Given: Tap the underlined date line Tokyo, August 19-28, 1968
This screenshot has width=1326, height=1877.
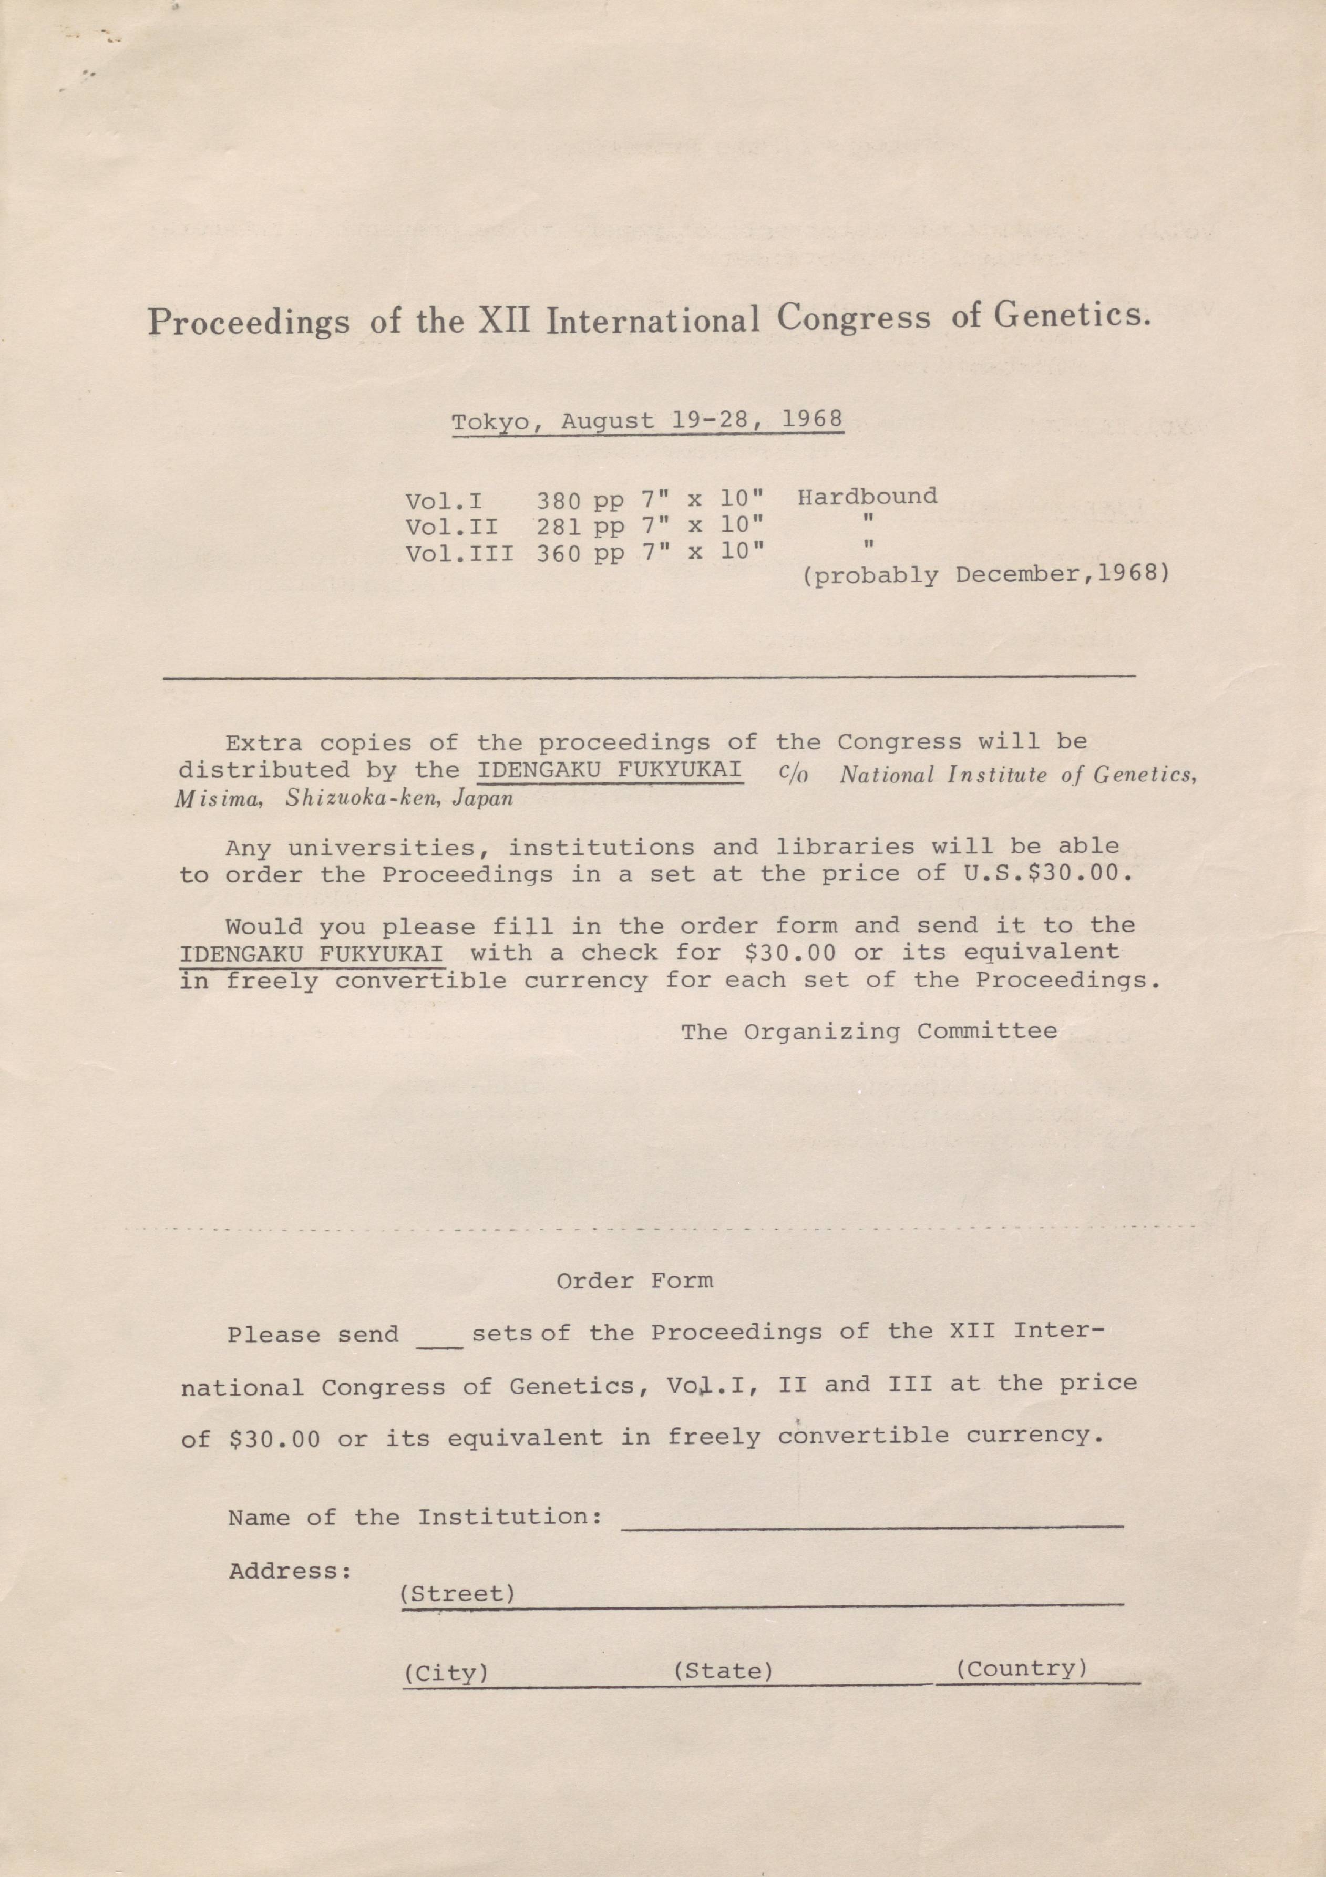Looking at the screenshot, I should pyautogui.click(x=646, y=420).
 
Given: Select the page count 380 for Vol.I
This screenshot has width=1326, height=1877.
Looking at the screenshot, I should pyautogui.click(x=560, y=500).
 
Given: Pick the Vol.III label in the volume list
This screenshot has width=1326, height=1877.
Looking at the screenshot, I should pyautogui.click(x=459, y=553).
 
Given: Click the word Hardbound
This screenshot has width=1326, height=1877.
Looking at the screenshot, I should pyautogui.click(x=867, y=496).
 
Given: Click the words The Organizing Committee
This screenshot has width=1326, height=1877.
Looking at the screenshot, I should pyautogui.click(x=869, y=1031).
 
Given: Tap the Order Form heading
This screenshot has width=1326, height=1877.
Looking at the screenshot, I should pyautogui.click(x=634, y=1280).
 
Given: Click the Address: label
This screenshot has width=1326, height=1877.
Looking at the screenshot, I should pyautogui.click(x=290, y=1571).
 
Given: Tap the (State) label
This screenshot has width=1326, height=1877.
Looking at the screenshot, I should pyautogui.click(x=723, y=1671).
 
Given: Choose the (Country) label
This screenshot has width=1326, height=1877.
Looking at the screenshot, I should pyautogui.click(x=1021, y=1668).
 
